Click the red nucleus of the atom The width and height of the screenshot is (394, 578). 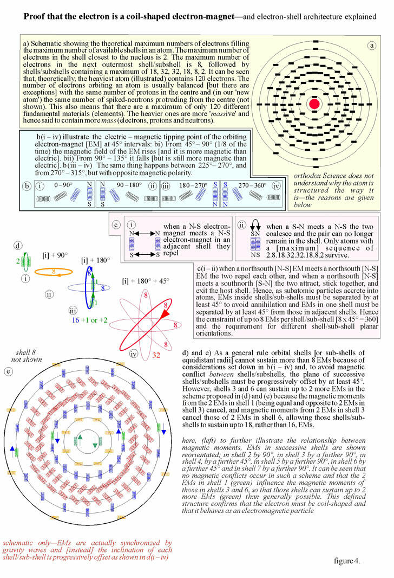click(314, 103)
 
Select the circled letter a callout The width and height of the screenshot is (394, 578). click(372, 46)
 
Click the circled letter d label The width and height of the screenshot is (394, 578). click(18, 246)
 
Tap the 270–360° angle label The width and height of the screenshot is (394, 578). click(253, 185)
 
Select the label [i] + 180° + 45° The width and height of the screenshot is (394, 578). click(145, 281)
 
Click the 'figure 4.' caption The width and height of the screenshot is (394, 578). click(347, 561)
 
